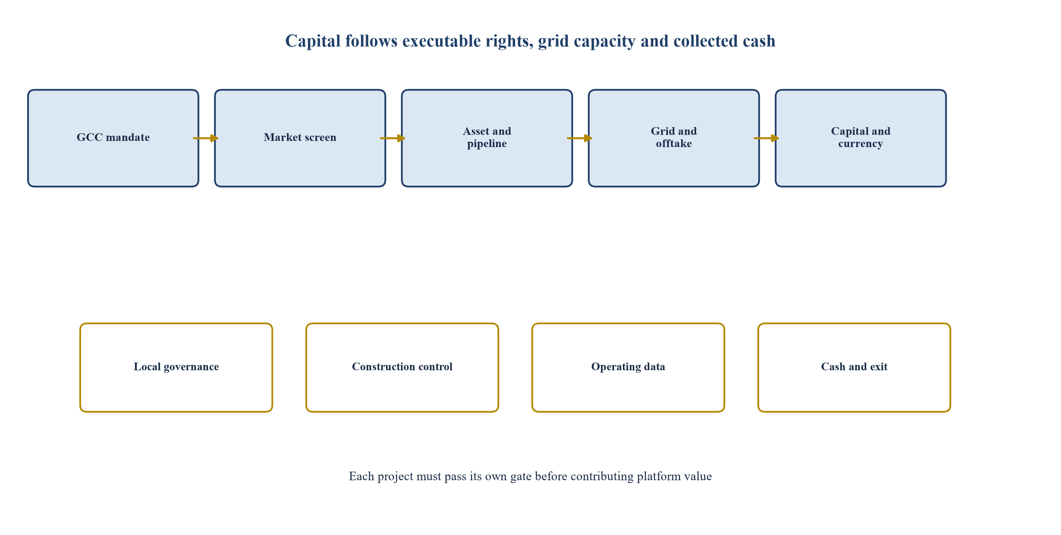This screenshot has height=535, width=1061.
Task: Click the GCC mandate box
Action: tap(113, 138)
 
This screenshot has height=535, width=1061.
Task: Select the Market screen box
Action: tap(300, 138)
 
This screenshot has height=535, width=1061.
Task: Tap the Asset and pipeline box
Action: tap(487, 138)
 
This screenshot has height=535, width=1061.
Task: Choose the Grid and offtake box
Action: tap(674, 138)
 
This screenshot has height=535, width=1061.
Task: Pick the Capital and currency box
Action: tap(861, 138)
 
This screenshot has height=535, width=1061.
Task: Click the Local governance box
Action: tap(176, 367)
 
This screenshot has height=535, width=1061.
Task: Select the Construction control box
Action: tap(402, 367)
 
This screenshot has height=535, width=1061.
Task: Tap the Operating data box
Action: tap(628, 367)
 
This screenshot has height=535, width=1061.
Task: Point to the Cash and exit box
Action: tap(854, 367)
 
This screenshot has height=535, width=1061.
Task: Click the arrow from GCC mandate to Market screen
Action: tap(205, 138)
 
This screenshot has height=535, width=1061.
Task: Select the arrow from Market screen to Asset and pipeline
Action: tap(393, 138)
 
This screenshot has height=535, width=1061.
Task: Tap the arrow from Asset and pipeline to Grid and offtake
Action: tap(580, 138)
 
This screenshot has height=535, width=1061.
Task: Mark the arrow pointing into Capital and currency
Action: tap(766, 138)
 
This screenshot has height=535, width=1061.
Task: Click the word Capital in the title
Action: tap(313, 42)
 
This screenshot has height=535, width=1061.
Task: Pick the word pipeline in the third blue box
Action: tap(487, 144)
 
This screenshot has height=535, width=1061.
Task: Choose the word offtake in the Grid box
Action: tap(674, 144)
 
